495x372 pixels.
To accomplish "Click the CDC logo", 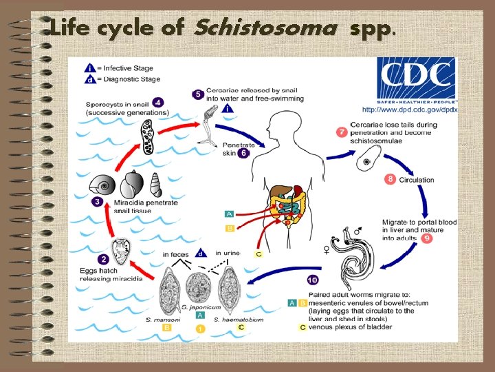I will tap(416, 80).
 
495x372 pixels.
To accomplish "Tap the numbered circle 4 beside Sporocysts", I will tap(157, 102).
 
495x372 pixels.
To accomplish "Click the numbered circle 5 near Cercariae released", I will tap(198, 94).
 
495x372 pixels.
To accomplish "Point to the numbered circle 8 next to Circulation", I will tap(390, 179).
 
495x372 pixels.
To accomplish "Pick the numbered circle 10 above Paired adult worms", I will tap(312, 280).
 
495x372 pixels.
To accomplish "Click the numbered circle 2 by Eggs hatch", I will tap(103, 259).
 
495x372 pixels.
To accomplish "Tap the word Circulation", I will tap(417, 180).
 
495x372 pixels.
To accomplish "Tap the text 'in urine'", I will tap(228, 254).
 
